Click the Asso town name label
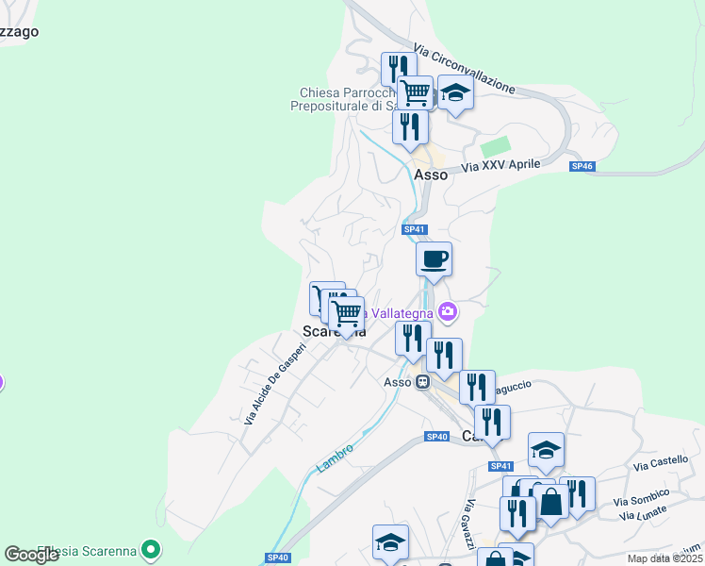(x=431, y=174)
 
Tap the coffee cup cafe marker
(x=434, y=259)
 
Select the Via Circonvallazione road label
(x=465, y=69)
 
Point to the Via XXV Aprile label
(x=500, y=167)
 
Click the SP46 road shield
(x=582, y=166)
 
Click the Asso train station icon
(x=423, y=382)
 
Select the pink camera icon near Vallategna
(x=448, y=311)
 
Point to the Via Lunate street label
(x=643, y=512)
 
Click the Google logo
(x=32, y=555)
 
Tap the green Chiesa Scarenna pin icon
(x=149, y=549)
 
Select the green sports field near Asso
(x=495, y=148)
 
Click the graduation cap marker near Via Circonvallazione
(x=455, y=93)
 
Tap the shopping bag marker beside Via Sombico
(x=551, y=502)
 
